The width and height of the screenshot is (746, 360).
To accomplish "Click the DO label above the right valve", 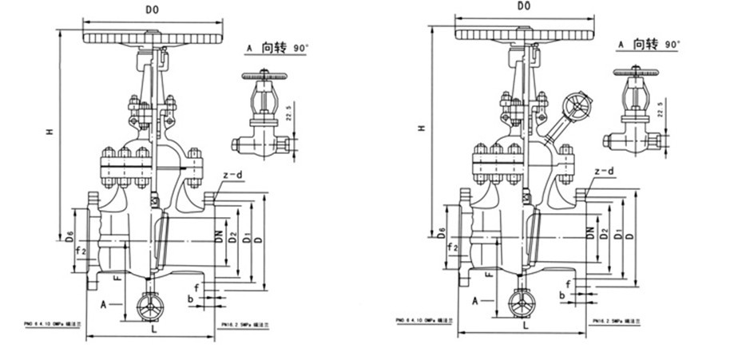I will tap(525, 7).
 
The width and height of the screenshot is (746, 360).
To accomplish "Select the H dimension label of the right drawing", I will tap(423, 127).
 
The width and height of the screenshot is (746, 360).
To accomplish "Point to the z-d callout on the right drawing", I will tap(604, 172).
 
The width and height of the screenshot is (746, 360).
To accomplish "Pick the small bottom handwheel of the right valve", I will tap(523, 302).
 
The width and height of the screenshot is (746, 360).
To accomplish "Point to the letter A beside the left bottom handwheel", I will tap(104, 303).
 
